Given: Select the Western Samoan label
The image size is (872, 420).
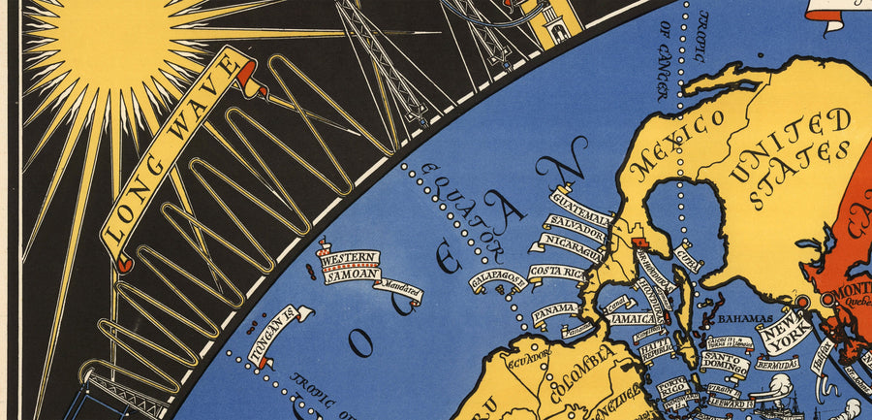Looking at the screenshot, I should tap(350, 267).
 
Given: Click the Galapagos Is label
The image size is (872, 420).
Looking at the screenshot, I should tap(498, 280).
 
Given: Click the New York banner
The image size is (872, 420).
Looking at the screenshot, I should tap(786, 334).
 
